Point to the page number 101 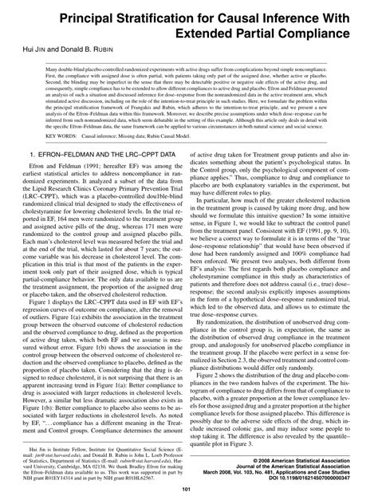(188, 489)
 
